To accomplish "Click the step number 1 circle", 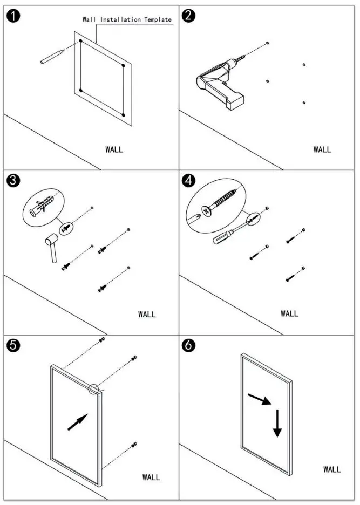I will pyautogui.click(x=13, y=16).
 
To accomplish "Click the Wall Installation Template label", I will pyautogui.click(x=127, y=19).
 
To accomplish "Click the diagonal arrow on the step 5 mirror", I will pyautogui.click(x=77, y=422).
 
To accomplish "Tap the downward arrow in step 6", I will pyautogui.click(x=277, y=424).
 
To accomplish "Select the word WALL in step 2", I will pyautogui.click(x=322, y=149).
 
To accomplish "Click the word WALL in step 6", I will pyautogui.click(x=332, y=469).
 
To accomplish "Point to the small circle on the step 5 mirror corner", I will pyautogui.click(x=95, y=389).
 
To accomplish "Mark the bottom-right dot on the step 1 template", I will pyautogui.click(x=124, y=115).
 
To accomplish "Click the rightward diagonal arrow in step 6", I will pyautogui.click(x=257, y=399).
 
